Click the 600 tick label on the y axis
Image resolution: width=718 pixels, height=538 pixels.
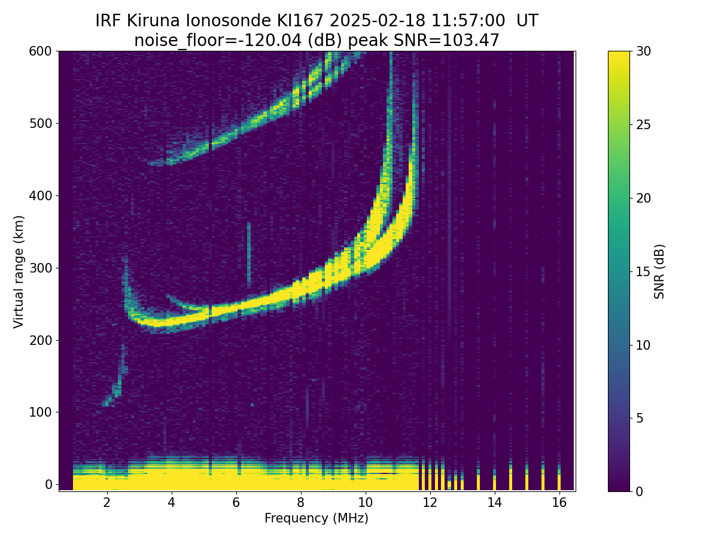pos(40,51)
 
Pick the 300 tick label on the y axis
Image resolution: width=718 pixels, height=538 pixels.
pos(40,268)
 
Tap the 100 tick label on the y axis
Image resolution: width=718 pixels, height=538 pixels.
pos(40,412)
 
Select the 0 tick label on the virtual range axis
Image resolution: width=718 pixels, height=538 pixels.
pos(48,484)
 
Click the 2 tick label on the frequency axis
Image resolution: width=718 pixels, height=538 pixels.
pos(107,502)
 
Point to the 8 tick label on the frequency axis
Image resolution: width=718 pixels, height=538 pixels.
pos(300,502)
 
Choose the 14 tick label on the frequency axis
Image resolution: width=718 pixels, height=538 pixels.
pos(494,502)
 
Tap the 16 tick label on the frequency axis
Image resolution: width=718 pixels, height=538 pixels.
pos(559,502)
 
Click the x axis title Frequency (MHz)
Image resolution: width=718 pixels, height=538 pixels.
pos(317,518)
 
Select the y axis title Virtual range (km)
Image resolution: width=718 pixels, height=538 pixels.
pos(19,271)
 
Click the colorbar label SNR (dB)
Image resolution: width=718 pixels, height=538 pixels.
pos(659,271)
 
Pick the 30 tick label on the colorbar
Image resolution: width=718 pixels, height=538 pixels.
pos(643,51)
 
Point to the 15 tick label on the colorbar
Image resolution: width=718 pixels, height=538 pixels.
pos(643,271)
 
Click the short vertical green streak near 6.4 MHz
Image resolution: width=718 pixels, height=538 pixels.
pos(249,254)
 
